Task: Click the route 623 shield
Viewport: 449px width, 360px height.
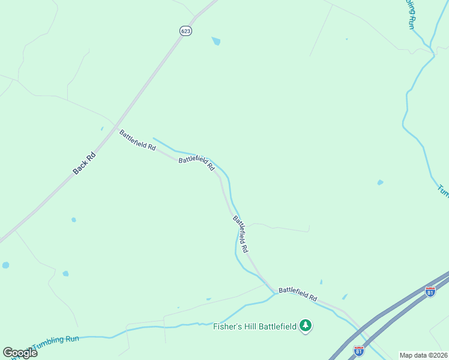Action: pos(185,31)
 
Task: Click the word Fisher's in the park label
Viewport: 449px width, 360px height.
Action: pos(228,326)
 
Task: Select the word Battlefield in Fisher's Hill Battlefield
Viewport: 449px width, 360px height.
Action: pos(278,326)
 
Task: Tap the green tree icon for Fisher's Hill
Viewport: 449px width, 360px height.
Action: pos(306,325)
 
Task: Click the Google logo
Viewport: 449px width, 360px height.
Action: pos(20,353)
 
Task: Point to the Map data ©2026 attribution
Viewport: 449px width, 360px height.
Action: pos(423,355)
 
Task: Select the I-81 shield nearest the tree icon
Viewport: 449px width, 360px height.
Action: pos(358,350)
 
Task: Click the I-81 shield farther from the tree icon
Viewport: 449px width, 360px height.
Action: pos(430,291)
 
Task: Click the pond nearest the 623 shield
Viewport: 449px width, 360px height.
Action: pos(216,41)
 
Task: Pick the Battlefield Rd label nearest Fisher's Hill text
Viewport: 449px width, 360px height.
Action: pos(298,294)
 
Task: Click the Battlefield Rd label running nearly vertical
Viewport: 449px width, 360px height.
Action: pos(240,234)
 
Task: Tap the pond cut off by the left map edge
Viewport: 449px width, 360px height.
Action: pos(5,265)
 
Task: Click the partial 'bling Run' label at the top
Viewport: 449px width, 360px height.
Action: pos(411,14)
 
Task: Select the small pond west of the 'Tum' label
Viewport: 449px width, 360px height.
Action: pos(380,182)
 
